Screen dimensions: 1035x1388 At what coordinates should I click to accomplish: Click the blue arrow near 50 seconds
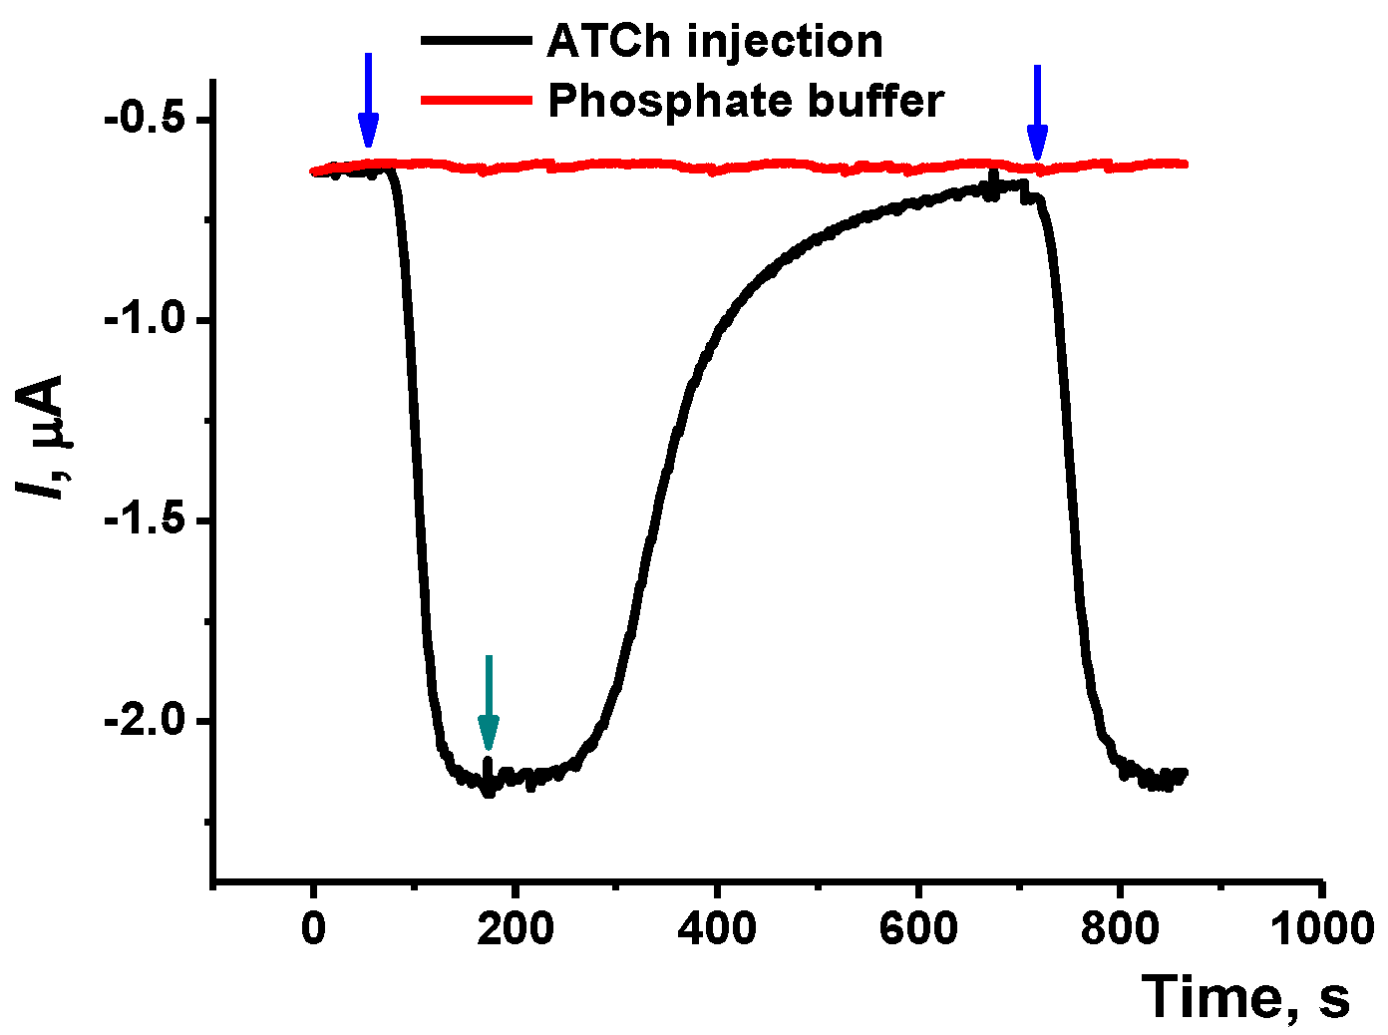[368, 100]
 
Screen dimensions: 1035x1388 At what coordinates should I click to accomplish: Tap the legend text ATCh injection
[715, 42]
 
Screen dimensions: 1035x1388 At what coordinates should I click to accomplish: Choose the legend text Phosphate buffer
[746, 101]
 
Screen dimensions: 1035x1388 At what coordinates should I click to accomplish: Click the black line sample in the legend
[476, 41]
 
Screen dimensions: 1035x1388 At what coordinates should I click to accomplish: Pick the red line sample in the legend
[476, 100]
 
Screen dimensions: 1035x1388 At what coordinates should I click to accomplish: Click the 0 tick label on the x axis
[314, 929]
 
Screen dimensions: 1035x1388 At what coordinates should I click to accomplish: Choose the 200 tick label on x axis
[515, 929]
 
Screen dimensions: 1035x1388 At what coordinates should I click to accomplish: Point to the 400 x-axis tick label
[716, 929]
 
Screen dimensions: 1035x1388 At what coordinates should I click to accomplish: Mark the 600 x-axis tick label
[917, 929]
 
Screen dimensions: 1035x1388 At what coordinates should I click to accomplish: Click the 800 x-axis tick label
[1119, 929]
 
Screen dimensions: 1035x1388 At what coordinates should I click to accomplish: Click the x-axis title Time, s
[1245, 996]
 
